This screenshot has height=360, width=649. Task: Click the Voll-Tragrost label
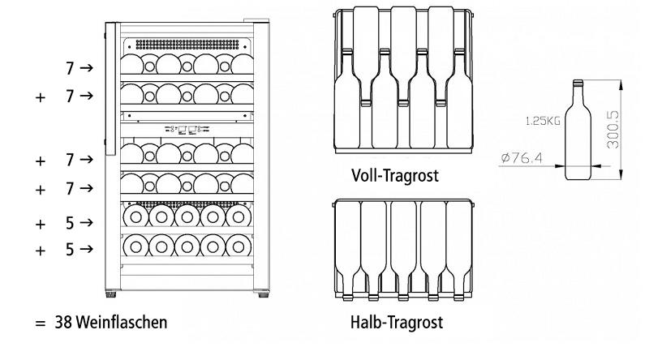point(395,175)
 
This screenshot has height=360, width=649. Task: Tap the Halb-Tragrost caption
point(397,323)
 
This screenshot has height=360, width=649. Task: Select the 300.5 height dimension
point(615,129)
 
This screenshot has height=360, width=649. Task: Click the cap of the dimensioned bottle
point(578,83)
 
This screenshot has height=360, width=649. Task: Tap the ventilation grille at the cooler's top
point(188,43)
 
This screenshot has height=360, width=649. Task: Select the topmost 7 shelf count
point(71,68)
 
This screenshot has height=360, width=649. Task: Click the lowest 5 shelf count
point(71,250)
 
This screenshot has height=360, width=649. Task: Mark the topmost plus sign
point(40,97)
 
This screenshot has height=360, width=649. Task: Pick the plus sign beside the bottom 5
point(40,251)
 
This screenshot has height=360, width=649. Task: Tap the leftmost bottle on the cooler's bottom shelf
point(135,245)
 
